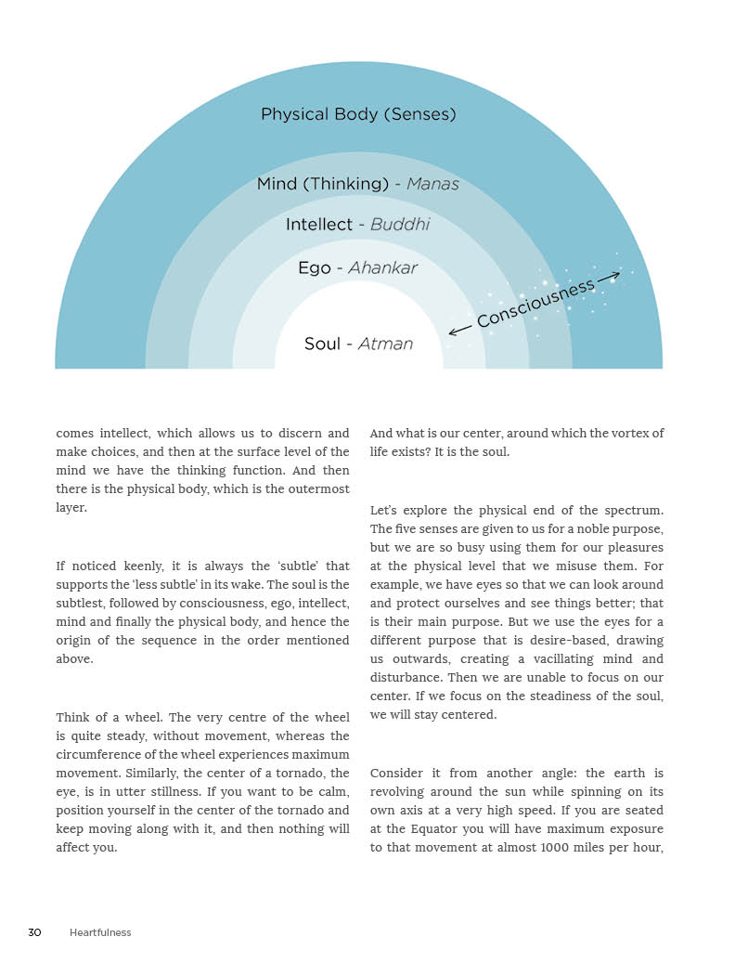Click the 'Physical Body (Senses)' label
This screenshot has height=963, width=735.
coord(358,114)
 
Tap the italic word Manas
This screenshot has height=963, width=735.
coord(432,184)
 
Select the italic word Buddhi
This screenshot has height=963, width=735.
coord(400,225)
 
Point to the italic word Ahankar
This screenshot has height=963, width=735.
coord(382,268)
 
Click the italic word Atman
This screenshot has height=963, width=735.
coord(385,345)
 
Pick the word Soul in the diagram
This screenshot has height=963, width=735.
coord(322,345)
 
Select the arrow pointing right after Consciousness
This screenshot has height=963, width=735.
coord(609,277)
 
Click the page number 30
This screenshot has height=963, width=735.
coord(34,932)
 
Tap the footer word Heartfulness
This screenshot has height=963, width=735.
coord(100,932)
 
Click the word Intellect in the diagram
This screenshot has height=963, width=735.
coord(319,225)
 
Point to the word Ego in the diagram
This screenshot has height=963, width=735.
coord(314,268)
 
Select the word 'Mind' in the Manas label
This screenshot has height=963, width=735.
coord(277,184)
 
